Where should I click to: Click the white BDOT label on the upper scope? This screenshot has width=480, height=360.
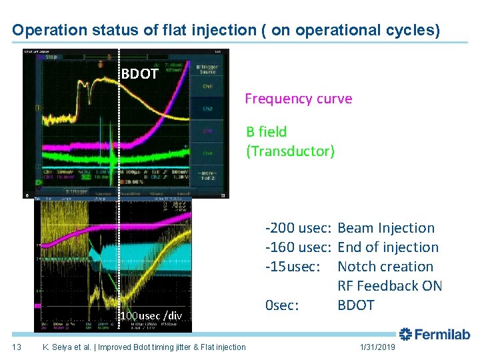tap(139, 74)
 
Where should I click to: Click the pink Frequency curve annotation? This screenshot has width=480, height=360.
tap(298, 99)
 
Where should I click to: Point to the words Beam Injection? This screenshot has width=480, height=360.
tap(386, 228)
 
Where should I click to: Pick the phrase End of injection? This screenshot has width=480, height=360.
tap(388, 247)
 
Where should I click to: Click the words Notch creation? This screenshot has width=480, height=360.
tap(385, 267)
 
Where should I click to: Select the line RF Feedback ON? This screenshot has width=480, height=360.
tap(390, 286)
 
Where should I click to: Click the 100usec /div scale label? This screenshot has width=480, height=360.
tap(151, 315)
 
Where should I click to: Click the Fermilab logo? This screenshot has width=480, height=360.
tap(435, 335)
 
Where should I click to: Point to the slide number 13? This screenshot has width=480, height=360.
tap(17, 347)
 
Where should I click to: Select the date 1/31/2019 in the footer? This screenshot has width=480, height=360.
tap(377, 347)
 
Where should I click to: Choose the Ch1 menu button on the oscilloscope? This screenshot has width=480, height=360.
tap(207, 86)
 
